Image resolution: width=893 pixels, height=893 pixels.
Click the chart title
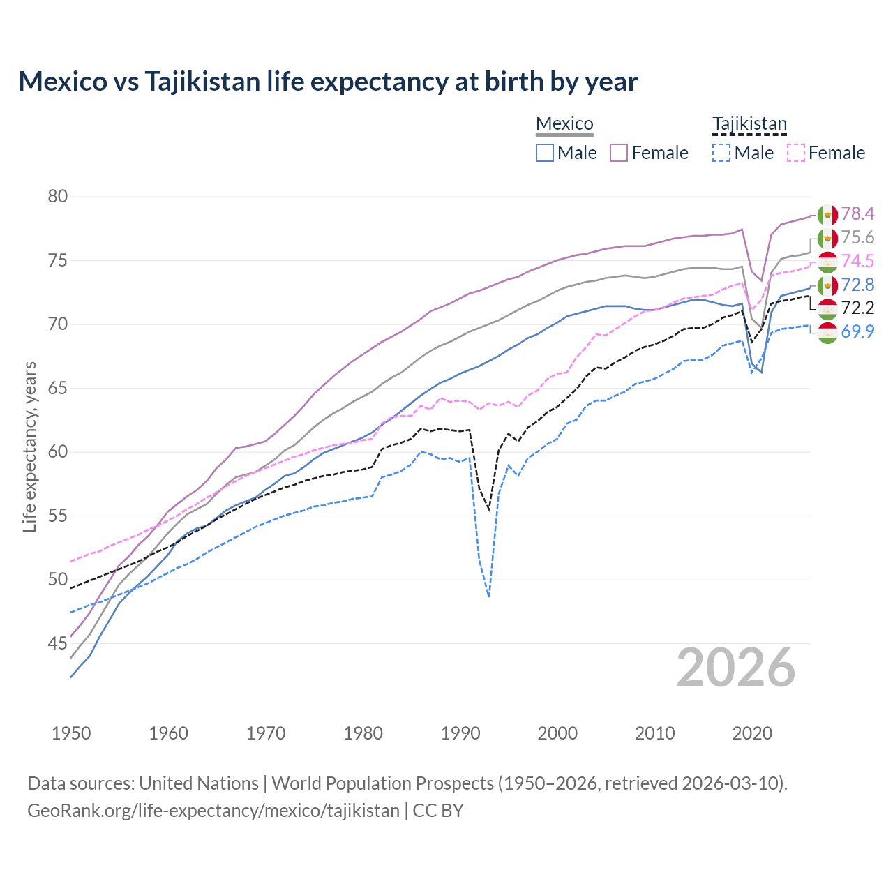328,82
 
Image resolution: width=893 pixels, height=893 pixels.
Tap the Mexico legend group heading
564,123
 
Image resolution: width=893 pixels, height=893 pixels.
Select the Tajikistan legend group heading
749,123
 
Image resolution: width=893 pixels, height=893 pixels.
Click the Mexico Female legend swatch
620,153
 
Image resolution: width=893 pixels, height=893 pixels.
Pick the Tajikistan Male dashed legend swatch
721,153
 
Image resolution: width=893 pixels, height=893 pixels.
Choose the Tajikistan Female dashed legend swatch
796,153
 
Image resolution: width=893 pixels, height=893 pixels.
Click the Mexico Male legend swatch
545,153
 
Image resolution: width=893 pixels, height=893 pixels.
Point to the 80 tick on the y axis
58,197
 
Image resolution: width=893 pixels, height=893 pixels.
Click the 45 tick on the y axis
58,643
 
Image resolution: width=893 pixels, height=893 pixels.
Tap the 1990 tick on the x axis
460,733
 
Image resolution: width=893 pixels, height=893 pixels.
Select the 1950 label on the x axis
71,733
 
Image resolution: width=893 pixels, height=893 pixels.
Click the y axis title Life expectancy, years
29,446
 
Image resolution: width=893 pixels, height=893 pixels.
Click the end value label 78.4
857,213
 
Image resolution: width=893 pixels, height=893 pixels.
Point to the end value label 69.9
857,331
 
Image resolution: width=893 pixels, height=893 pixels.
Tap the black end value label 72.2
857,308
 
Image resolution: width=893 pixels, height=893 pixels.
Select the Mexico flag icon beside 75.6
827,238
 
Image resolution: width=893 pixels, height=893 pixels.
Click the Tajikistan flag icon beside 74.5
827,262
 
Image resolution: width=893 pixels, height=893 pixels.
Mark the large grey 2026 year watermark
736,668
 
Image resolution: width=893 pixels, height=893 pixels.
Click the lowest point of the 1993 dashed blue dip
489,596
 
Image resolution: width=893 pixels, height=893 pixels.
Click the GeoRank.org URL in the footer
213,811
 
